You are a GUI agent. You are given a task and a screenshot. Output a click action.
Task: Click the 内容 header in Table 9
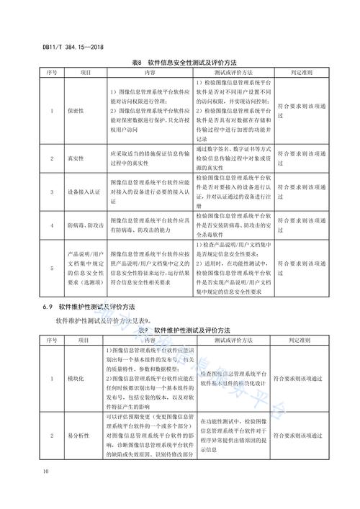coord(150,339)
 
